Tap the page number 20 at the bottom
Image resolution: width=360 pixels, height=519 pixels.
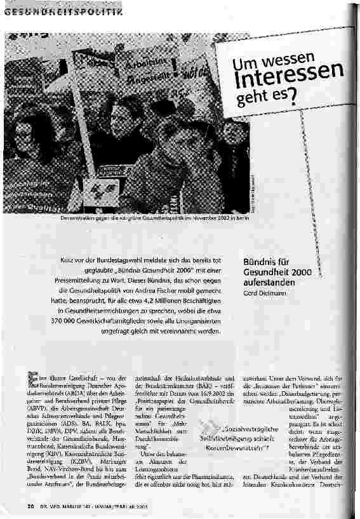(30, 506)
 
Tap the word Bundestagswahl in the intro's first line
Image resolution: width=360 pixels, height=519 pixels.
(130, 260)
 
